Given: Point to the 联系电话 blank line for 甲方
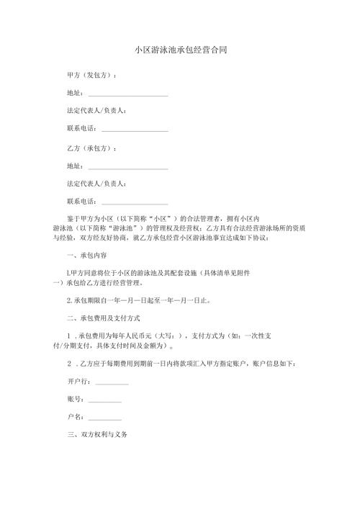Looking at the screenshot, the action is coord(135,130).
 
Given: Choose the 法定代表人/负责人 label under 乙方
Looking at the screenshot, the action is coord(96,184).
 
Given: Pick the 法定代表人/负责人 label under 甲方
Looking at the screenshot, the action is coord(96,112).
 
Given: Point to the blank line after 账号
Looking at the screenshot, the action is coord(104,400).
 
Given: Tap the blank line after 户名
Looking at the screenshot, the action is coord(104,417).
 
